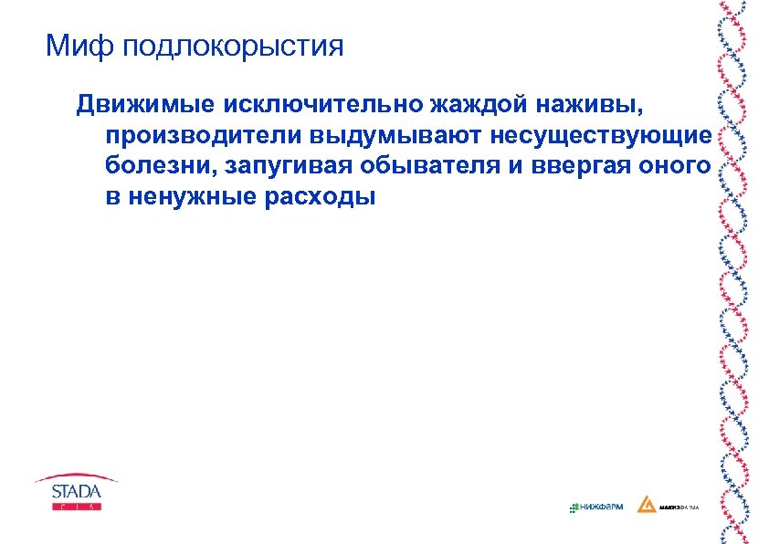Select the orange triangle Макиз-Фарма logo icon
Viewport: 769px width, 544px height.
point(647,504)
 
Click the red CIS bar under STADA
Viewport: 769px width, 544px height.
point(77,506)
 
